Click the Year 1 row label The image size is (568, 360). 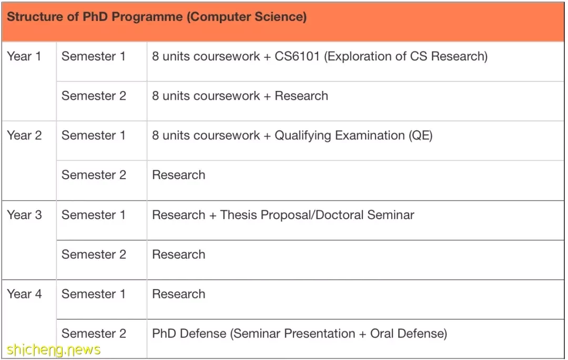point(24,56)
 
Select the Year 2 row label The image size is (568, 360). point(24,135)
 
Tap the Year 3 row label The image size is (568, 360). point(24,215)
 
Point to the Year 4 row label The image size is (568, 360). point(24,294)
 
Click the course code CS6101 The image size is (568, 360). point(297,56)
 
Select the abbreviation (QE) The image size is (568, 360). point(421,136)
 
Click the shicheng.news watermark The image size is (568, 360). point(54,349)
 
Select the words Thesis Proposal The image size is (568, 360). point(266,215)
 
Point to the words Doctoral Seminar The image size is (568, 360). point(364,215)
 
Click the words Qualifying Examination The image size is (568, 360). point(340,136)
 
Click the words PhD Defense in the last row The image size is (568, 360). point(189,334)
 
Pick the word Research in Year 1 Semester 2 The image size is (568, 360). point(301,96)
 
